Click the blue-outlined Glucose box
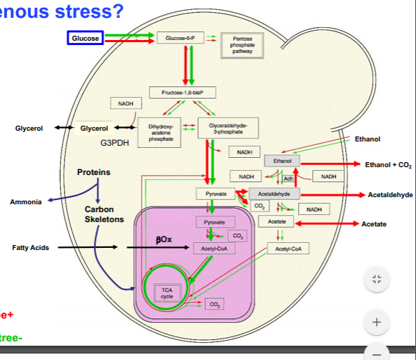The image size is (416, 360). (x=86, y=37)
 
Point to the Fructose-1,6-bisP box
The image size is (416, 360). (x=182, y=92)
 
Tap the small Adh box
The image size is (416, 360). (x=289, y=179)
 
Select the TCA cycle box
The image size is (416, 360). (x=167, y=292)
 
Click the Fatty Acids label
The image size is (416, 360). (x=30, y=248)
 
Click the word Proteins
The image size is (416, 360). (x=94, y=173)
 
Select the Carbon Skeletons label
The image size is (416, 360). (x=104, y=214)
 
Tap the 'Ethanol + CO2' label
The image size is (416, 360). (x=388, y=164)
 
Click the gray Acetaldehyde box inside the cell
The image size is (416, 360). (x=274, y=194)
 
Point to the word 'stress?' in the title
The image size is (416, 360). (x=93, y=10)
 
